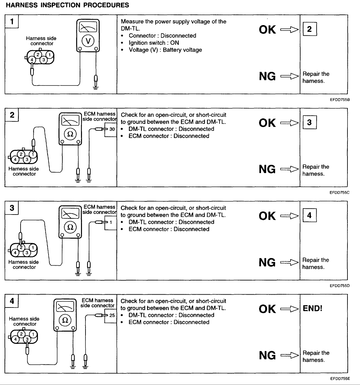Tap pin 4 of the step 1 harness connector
32,60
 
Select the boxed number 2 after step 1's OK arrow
309,29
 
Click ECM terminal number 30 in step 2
112,129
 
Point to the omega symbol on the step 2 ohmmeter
70,134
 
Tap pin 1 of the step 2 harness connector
33,154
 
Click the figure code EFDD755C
339,193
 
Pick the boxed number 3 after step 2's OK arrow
309,123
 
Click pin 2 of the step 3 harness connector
21,247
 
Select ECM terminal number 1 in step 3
111,222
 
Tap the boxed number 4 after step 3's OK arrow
309,215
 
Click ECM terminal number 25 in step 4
112,316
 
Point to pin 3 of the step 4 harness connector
28,339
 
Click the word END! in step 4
312,308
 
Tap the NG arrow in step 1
290,77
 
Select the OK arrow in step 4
290,309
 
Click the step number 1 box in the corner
12,22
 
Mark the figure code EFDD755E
339,379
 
